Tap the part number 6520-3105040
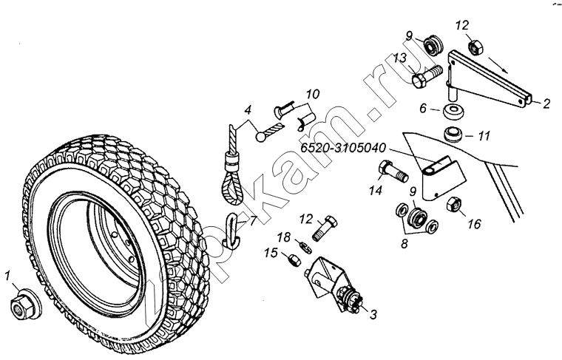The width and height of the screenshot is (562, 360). (342, 148)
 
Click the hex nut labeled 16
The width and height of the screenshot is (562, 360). (454, 204)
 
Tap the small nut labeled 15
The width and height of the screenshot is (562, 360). (294, 259)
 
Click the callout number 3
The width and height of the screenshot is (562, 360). (373, 315)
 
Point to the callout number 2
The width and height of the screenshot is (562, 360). (546, 104)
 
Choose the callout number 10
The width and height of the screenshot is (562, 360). (313, 95)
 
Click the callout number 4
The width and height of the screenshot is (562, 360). (248, 110)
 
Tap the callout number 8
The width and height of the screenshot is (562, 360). (404, 244)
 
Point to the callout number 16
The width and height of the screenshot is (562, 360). (474, 224)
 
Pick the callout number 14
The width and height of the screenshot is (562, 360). (376, 191)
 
